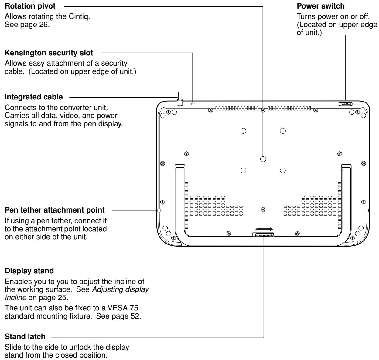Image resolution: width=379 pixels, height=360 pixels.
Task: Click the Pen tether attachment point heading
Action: (x=55, y=210)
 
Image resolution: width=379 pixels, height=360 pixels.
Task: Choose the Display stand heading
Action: (x=27, y=270)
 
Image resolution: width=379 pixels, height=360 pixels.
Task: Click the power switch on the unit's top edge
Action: (x=345, y=104)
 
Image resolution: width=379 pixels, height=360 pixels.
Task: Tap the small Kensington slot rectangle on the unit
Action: (x=193, y=104)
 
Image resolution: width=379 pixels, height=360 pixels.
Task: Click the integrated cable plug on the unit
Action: (x=179, y=102)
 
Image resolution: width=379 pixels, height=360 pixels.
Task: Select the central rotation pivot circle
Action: (x=263, y=159)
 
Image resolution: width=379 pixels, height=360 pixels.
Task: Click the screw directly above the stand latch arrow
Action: (x=263, y=209)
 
